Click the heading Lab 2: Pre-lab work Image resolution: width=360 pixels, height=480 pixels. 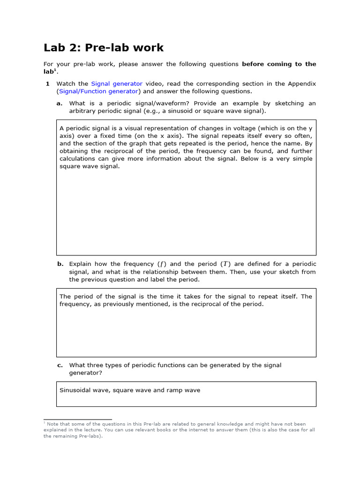click(104, 47)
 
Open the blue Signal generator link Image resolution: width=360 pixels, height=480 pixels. click(117, 83)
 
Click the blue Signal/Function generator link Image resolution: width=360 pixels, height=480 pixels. click(99, 91)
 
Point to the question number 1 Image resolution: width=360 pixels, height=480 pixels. click(47, 83)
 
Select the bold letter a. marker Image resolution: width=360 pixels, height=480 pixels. click(60, 103)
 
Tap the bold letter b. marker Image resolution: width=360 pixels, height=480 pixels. click(60, 264)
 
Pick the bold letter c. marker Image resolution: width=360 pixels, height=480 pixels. click(60, 365)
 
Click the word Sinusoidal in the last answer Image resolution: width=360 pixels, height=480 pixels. click(76, 390)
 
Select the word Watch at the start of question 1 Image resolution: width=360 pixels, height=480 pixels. click(66, 83)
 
